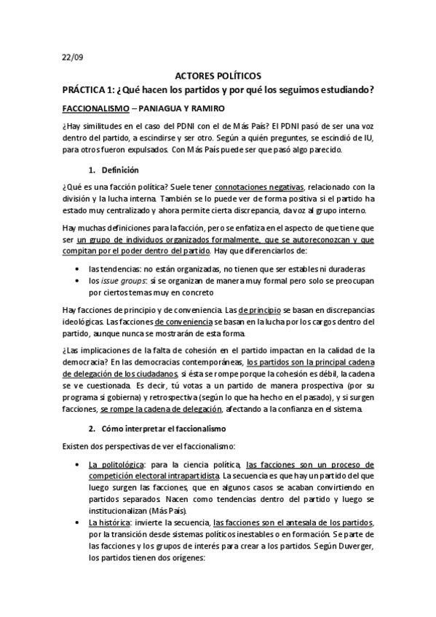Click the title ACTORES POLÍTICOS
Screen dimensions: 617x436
(x=218, y=76)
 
